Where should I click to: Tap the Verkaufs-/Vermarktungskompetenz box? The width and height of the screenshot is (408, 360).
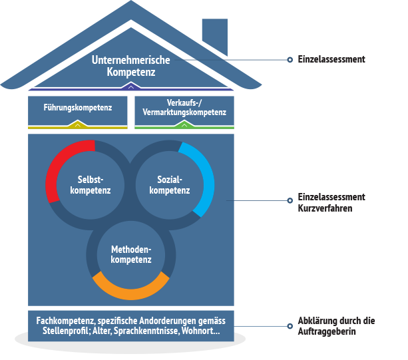184,107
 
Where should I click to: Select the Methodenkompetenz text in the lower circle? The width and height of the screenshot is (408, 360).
131,254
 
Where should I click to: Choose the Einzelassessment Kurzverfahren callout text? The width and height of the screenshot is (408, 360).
331,203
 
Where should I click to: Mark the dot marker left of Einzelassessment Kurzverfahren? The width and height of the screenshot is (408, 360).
290,199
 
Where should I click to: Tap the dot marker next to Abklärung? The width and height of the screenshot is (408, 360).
290,326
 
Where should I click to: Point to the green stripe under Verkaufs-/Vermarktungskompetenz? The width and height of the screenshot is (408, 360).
184,126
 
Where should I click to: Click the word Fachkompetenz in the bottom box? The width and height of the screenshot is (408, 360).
63,320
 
